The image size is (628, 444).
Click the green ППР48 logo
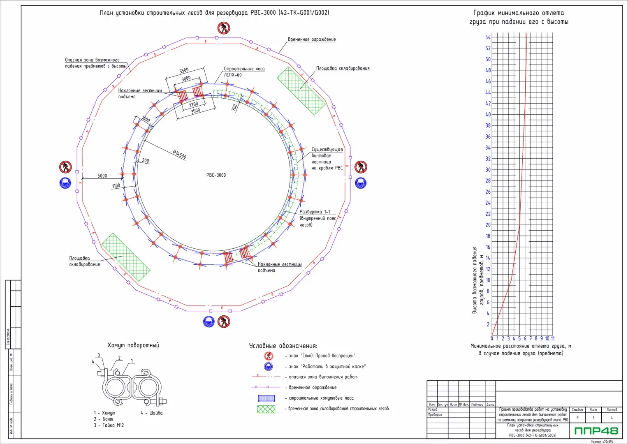click(x=596, y=431)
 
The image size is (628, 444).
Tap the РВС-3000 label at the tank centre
click(x=216, y=175)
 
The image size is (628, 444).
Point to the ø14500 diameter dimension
click(x=180, y=155)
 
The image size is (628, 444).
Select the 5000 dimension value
click(x=102, y=176)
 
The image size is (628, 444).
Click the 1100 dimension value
click(x=116, y=186)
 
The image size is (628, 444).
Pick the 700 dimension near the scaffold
click(x=234, y=107)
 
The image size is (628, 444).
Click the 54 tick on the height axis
click(x=488, y=37)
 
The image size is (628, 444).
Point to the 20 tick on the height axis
click(x=488, y=225)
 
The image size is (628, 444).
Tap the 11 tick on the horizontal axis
click(x=552, y=339)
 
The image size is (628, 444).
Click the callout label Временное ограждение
click(x=312, y=39)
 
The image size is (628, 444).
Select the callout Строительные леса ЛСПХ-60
click(x=244, y=72)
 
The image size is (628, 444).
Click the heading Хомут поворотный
click(x=133, y=345)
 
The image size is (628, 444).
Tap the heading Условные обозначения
click(x=283, y=346)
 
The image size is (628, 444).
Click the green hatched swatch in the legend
click(x=266, y=409)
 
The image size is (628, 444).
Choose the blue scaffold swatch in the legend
click(x=266, y=398)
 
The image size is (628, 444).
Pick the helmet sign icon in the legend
click(x=269, y=366)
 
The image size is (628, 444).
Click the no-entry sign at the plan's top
click(x=224, y=28)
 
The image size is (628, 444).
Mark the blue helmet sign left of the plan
click(x=65, y=183)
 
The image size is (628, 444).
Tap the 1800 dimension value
click(x=146, y=120)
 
